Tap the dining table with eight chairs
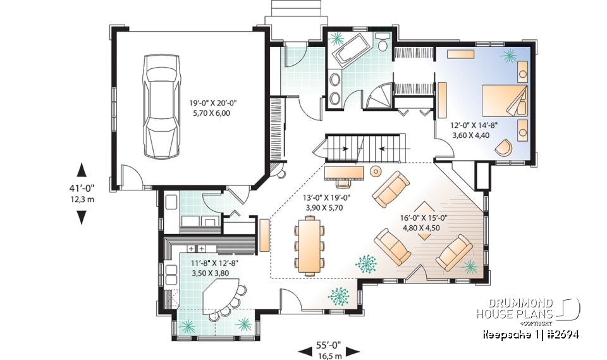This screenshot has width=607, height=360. click(x=309, y=245)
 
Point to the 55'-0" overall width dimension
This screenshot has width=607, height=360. click(x=328, y=345)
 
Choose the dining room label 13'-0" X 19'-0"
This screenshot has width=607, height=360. click(x=328, y=197)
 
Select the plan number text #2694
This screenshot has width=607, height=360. click(x=560, y=334)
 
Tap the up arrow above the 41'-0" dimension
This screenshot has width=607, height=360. click(x=81, y=170)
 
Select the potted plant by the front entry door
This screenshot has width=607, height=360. click(x=340, y=295)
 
